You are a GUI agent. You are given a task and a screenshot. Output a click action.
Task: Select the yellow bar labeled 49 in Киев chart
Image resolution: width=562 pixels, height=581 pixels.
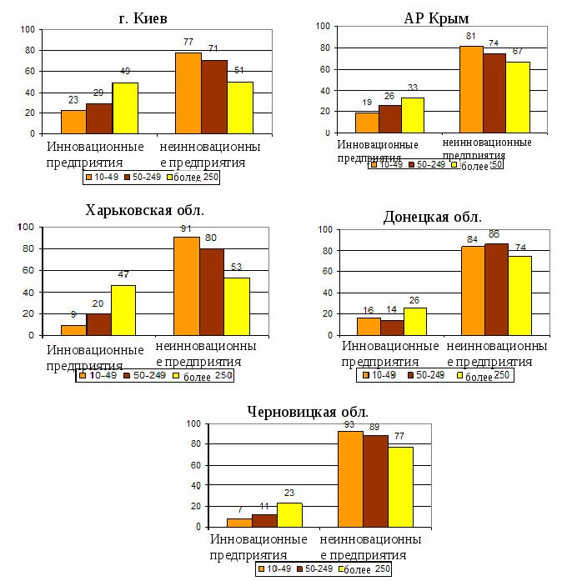coord(124,108)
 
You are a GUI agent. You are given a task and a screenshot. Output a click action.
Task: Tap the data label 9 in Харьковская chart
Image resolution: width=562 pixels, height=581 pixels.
coord(74,315)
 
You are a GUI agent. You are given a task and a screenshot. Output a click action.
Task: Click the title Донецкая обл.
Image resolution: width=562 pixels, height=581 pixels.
coord(432,217)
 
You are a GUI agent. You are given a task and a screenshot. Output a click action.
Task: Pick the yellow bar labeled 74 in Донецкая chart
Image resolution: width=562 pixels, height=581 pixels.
coord(519,295)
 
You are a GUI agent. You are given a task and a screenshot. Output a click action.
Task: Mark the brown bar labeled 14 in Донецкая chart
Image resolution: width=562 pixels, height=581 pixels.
coord(391,327)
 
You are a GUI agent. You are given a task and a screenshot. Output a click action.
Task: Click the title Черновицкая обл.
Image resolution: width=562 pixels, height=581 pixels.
coord(308,411)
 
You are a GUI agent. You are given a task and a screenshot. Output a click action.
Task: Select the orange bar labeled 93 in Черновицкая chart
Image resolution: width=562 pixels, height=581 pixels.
coord(350,478)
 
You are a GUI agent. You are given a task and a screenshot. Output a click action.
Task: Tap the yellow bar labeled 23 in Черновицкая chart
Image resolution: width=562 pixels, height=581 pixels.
coord(289,514)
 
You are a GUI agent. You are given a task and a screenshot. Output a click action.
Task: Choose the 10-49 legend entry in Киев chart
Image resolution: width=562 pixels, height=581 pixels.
coord(103,178)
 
